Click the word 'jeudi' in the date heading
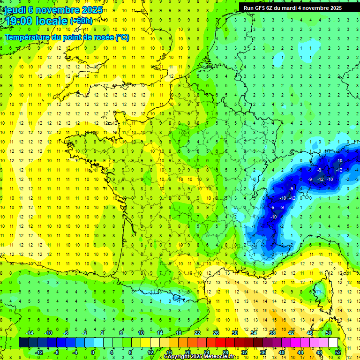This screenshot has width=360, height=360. (15, 10)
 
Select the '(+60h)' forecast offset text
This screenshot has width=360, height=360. (81, 21)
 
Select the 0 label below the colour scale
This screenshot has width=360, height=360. (92, 352)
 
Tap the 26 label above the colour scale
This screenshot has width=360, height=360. (216, 333)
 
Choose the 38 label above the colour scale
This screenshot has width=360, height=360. (272, 333)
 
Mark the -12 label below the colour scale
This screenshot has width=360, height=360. (39, 352)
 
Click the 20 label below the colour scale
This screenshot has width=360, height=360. (188, 352)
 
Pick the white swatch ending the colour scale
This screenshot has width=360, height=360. (333, 343)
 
